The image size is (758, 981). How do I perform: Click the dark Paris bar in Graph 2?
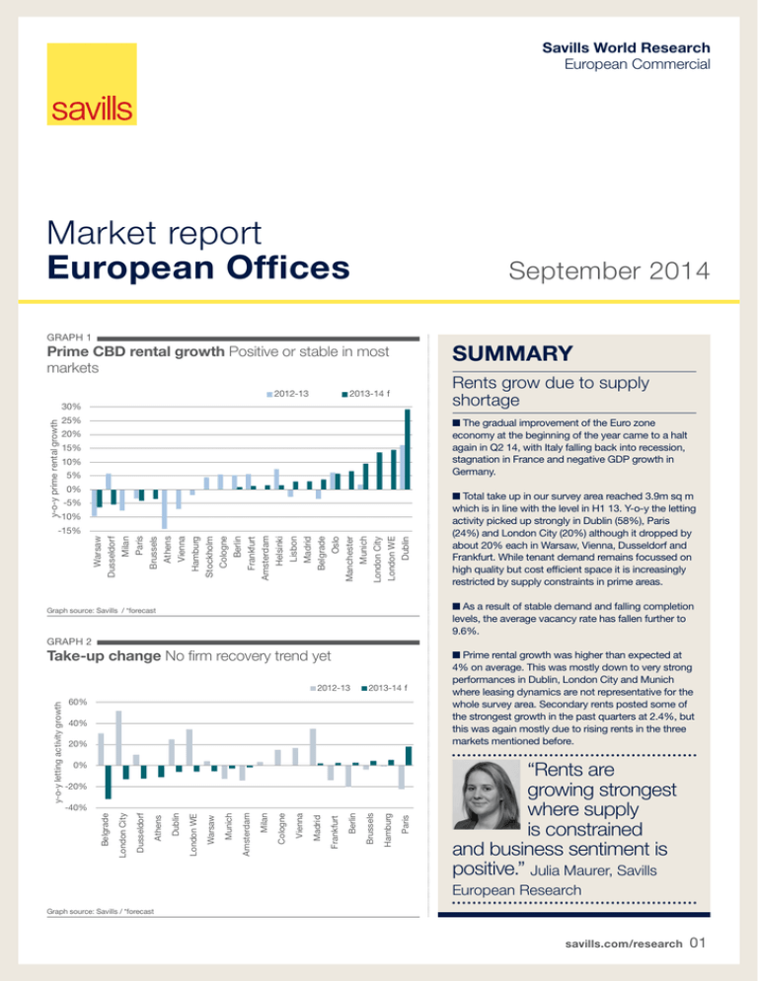pos(409,755)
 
